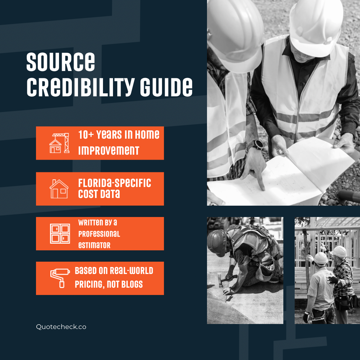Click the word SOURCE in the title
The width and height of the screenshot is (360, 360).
click(x=61, y=62)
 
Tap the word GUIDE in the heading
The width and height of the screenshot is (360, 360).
click(x=166, y=87)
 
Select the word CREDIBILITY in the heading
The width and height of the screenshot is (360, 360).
click(x=81, y=87)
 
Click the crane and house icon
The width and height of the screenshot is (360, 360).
click(x=59, y=143)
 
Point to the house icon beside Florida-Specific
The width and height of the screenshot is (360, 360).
click(x=59, y=189)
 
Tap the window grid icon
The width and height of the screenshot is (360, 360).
click(x=60, y=233)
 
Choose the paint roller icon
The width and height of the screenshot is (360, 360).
click(x=60, y=278)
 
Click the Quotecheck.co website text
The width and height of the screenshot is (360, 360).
click(x=61, y=327)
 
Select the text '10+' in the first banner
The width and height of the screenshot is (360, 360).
click(x=86, y=135)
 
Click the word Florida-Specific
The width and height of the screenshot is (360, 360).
click(x=115, y=183)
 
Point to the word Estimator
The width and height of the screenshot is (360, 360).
click(x=94, y=245)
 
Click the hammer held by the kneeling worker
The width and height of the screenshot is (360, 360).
click(x=226, y=280)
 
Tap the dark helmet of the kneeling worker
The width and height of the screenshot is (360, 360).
click(x=217, y=243)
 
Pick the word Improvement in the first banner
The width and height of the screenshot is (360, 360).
click(x=109, y=151)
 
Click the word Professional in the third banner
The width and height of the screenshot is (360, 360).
click(x=99, y=234)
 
